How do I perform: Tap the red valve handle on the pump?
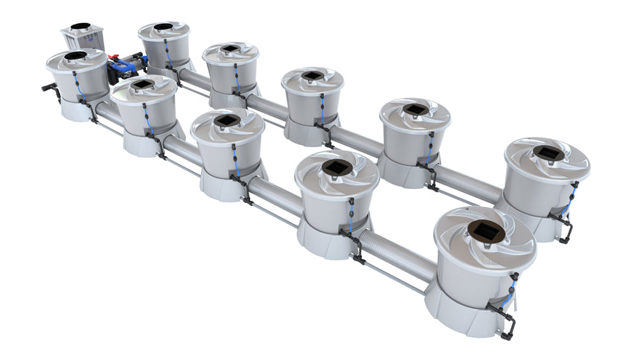click(x=117, y=56)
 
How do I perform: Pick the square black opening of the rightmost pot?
click(x=549, y=152)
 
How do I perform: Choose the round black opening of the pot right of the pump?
click(x=163, y=27)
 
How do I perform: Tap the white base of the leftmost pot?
click(x=73, y=110)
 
